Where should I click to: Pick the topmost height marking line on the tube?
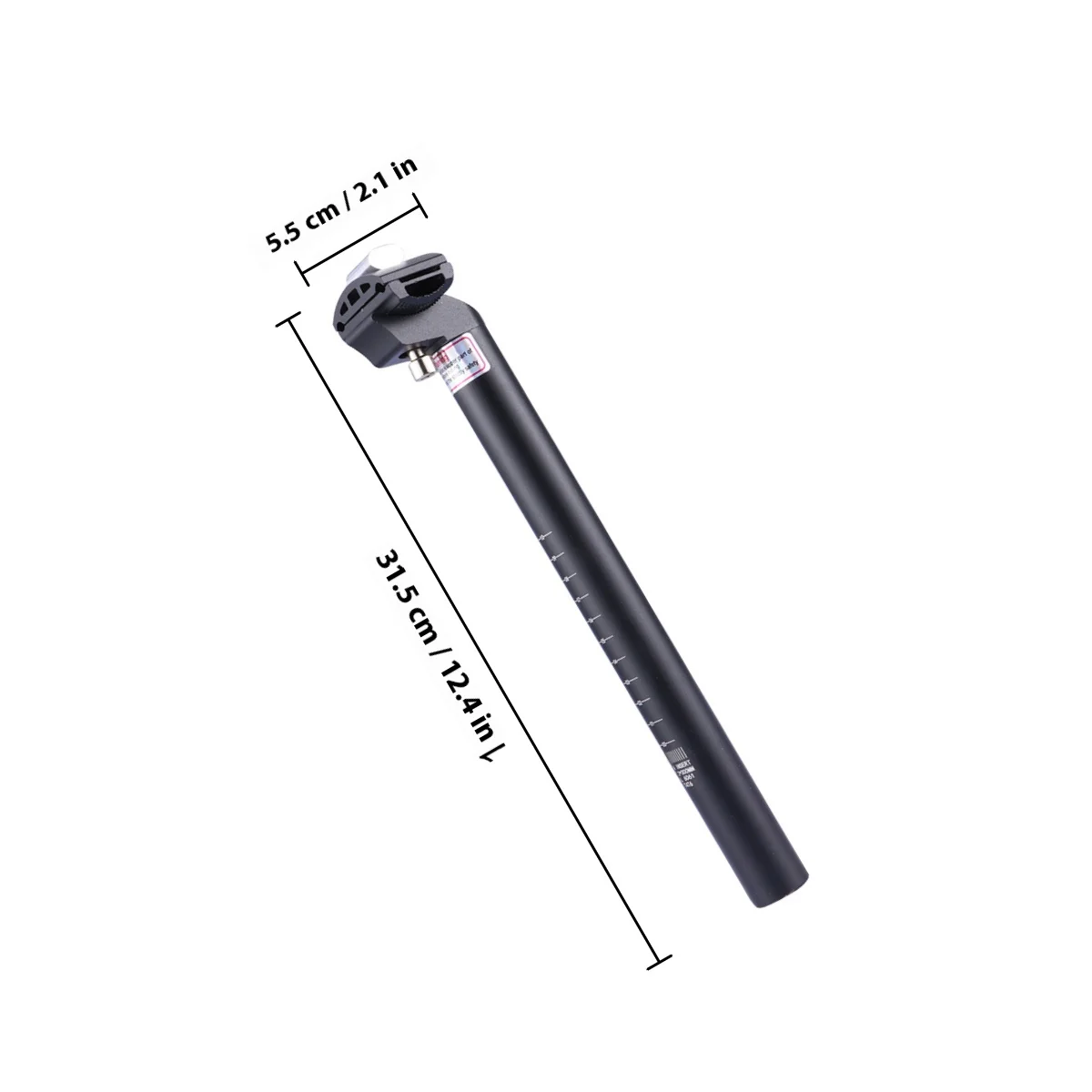tap(543, 531)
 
